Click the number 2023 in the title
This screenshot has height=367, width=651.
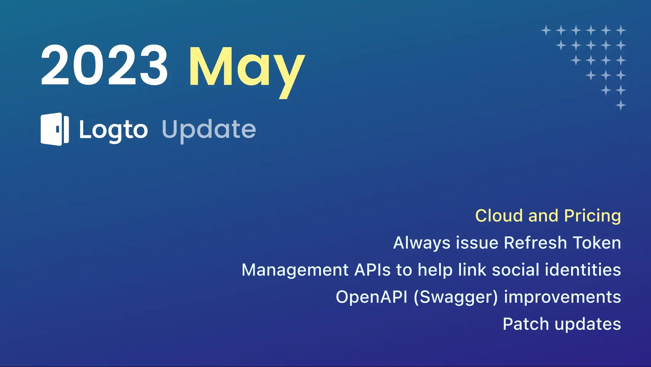click(x=104, y=65)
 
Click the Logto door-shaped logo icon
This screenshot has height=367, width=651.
click(x=55, y=129)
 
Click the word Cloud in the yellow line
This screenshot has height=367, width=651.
click(x=499, y=216)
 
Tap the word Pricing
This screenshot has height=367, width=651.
click(x=592, y=216)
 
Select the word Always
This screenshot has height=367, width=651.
click(x=422, y=243)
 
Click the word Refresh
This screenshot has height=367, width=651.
click(x=535, y=243)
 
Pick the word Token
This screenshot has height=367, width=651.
click(x=597, y=243)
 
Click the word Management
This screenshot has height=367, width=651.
click(x=295, y=270)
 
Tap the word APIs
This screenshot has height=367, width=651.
click(x=372, y=270)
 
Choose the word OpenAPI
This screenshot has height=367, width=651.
click(x=371, y=297)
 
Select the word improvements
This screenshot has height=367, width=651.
click(x=562, y=297)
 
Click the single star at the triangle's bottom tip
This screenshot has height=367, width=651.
click(x=621, y=105)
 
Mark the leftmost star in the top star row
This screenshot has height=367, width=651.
click(x=546, y=30)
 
